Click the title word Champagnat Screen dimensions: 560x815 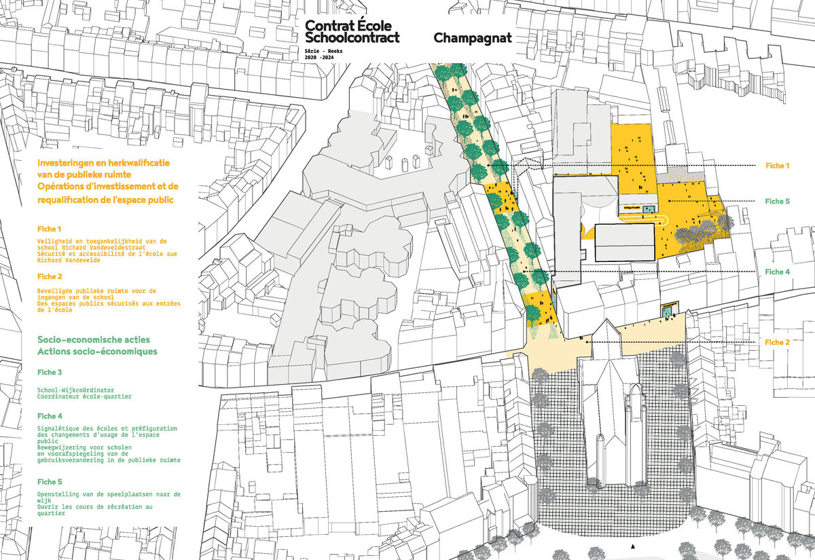(x=472, y=39)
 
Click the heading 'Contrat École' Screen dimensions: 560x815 (x=348, y=26)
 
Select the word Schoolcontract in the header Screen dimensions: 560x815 (x=352, y=38)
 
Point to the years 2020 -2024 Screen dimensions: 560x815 (x=324, y=58)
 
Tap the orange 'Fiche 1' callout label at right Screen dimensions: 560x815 (x=777, y=166)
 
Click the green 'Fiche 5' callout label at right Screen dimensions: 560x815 (x=777, y=201)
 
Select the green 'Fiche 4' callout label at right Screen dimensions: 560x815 (x=777, y=272)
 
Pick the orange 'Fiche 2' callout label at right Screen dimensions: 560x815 (x=777, y=342)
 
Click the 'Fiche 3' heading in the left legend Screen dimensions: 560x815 (x=50, y=373)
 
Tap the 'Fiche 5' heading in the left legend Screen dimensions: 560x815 (x=50, y=481)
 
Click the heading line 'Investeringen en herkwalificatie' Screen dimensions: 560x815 (x=104, y=164)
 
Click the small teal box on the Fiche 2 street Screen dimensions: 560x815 (x=669, y=310)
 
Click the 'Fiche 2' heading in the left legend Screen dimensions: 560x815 (x=50, y=276)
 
